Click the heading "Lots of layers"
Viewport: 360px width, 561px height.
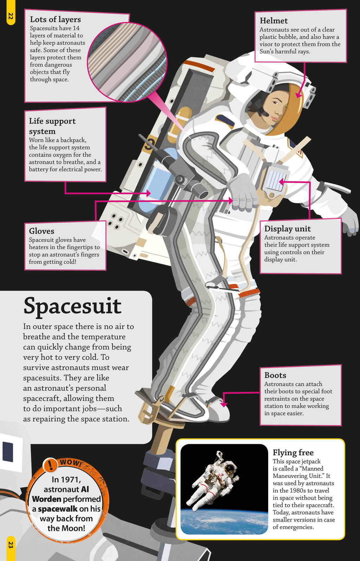[x=55, y=19]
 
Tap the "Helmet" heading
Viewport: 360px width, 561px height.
[x=274, y=21]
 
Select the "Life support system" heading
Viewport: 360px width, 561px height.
[x=52, y=126]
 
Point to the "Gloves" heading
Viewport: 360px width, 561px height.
[x=41, y=231]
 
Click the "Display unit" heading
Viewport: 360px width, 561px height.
[x=287, y=229]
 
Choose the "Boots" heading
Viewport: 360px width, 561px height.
[x=275, y=375]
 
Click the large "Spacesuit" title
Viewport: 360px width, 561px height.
[x=72, y=306]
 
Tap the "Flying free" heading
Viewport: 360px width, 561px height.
[x=293, y=453]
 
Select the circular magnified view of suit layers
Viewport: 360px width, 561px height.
[x=127, y=62]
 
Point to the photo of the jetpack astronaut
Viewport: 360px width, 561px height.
[x=224, y=489]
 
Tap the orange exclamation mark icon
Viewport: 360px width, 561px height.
[x=50, y=465]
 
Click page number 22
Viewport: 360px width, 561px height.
[x=11, y=16]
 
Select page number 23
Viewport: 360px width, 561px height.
[x=11, y=545]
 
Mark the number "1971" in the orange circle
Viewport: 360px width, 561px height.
[x=71, y=480]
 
